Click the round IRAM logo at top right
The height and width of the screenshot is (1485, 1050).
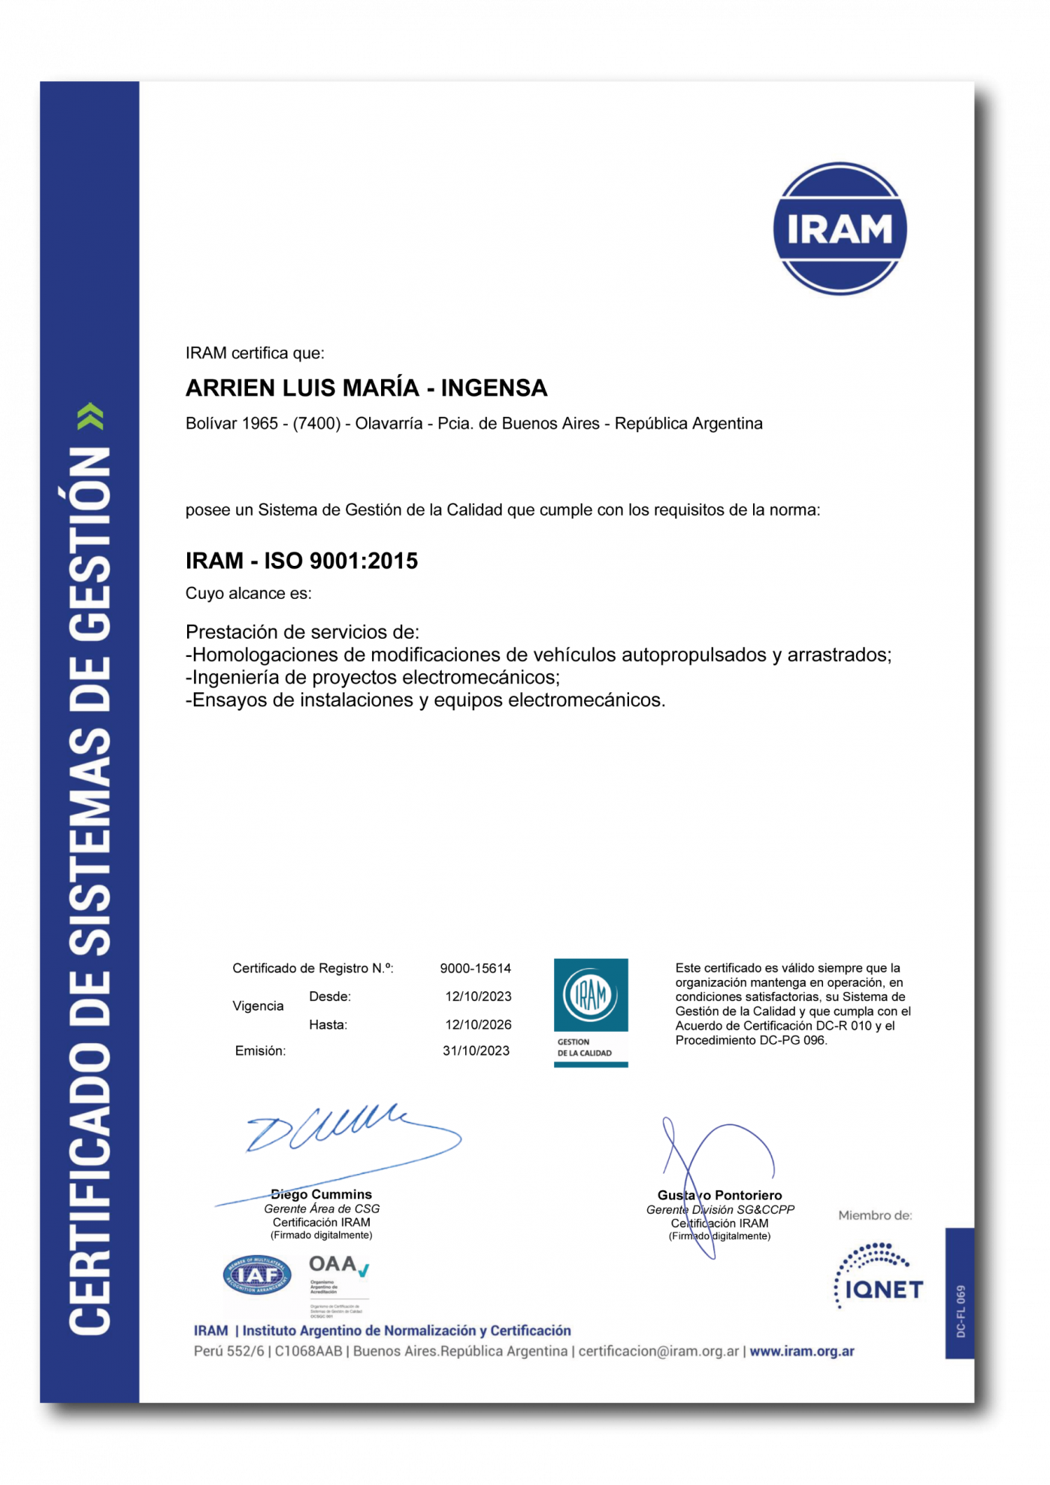840,228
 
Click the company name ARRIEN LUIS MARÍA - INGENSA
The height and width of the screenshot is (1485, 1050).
366,388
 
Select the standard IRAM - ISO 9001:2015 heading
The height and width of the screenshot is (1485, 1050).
301,561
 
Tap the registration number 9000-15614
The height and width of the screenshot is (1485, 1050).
475,969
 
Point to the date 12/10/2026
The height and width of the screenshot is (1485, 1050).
478,1024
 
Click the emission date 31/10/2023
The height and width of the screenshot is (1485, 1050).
476,1051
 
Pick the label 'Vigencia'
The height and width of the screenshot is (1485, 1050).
258,1006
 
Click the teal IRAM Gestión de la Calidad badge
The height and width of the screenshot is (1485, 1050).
591,1012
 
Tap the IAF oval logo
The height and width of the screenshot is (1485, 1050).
257,1275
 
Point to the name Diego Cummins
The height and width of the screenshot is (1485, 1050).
322,1194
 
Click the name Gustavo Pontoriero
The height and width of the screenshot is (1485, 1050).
719,1195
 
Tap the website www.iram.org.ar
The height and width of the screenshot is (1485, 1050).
802,1351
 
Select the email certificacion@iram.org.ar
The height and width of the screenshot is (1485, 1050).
658,1351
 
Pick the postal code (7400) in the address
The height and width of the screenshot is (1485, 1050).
316,424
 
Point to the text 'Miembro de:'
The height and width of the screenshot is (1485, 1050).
875,1215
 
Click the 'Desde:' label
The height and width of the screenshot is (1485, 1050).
330,997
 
